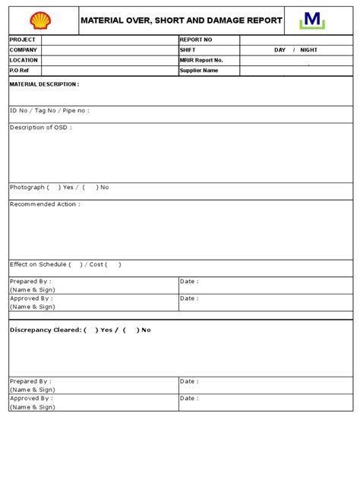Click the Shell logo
click(39, 21)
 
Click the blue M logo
click(311, 21)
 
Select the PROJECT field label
click(23, 39)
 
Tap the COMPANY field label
click(24, 49)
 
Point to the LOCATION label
click(24, 60)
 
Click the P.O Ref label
click(19, 70)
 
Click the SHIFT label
click(188, 49)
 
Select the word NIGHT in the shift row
click(309, 49)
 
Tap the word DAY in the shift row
click(280, 49)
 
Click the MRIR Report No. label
click(202, 60)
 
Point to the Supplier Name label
click(199, 70)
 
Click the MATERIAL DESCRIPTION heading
click(44, 85)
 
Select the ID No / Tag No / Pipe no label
click(49, 110)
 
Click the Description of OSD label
click(41, 128)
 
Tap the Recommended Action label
click(45, 204)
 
